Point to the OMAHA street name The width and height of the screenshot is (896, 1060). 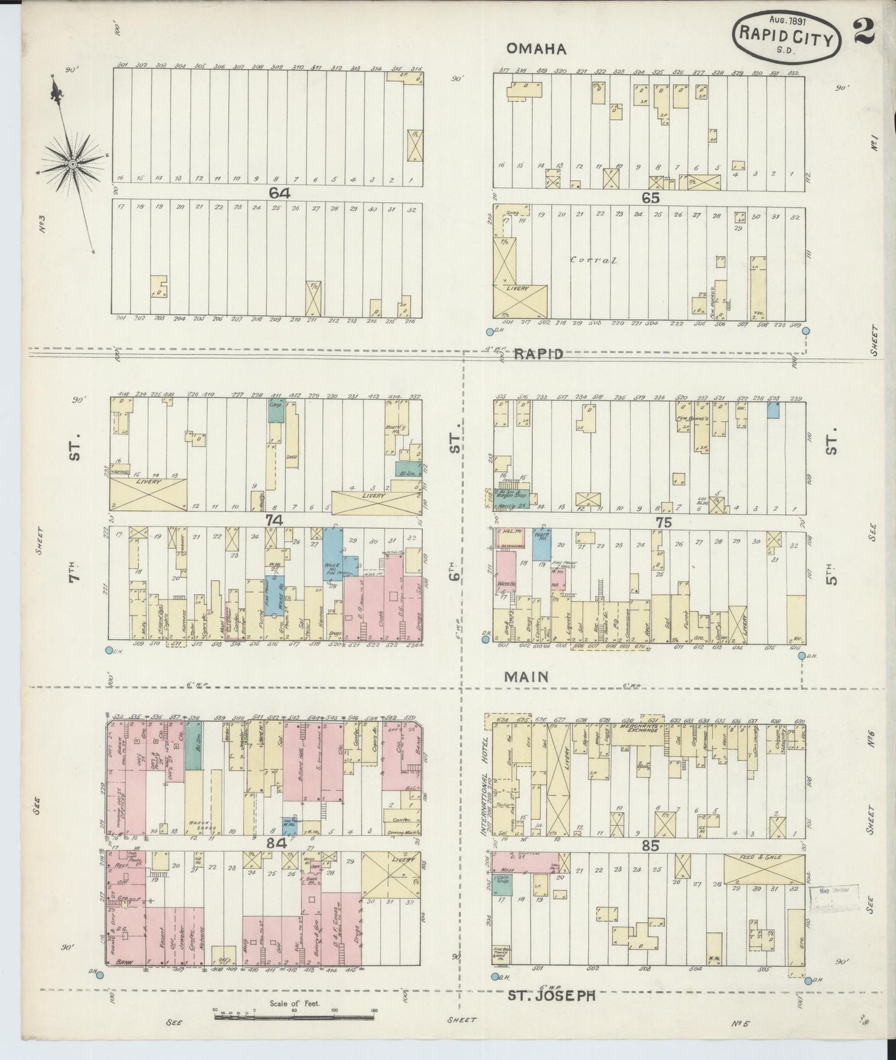tap(536, 48)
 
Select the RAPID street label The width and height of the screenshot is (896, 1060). tap(538, 354)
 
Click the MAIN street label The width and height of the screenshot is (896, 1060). tap(526, 676)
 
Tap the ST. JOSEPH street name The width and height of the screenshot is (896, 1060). tap(552, 996)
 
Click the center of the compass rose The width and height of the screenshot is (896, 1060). tap(73, 164)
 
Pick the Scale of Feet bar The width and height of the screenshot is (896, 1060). tap(295, 1018)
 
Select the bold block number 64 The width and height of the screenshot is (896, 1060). tap(279, 193)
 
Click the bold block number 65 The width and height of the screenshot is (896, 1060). tap(650, 198)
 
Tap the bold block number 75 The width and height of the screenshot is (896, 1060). tap(663, 523)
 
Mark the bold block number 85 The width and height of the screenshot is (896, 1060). tap(650, 845)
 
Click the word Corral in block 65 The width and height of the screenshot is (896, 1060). tap(594, 260)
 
